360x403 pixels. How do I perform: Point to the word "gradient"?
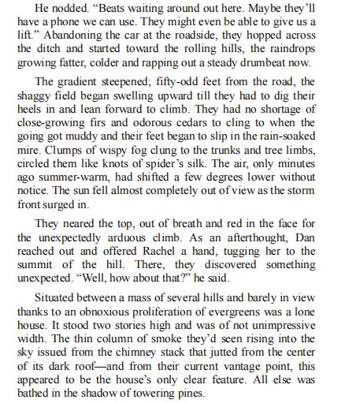[87, 83]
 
